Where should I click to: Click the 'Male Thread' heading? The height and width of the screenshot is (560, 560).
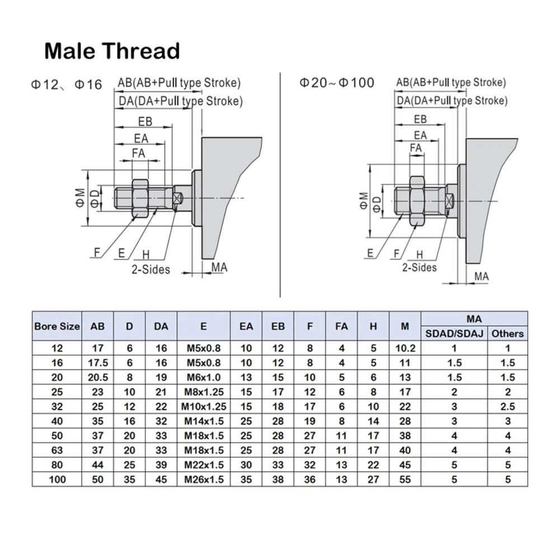tap(112, 51)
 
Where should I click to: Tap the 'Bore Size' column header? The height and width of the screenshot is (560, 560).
tap(57, 326)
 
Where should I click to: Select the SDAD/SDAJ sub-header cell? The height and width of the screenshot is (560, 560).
tap(454, 333)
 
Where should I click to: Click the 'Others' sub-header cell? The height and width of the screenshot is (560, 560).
tap(507, 333)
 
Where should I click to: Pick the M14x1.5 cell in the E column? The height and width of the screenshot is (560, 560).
tap(203, 421)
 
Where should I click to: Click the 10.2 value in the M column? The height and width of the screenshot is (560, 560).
tap(405, 348)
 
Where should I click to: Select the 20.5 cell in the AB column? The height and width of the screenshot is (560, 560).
tap(97, 377)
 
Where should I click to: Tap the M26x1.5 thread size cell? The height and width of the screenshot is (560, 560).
tap(203, 479)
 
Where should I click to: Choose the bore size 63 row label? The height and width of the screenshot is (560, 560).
tap(57, 450)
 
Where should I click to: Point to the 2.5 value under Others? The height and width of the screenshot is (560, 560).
tap(507, 406)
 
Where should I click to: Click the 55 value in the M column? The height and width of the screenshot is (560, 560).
tap(405, 479)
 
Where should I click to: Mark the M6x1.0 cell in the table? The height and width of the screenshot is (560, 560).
tap(203, 377)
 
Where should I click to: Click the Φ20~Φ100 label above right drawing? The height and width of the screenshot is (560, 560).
tap(337, 83)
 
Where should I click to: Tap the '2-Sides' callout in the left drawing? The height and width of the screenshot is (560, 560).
tap(151, 269)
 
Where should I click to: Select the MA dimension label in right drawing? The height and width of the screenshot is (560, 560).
tap(481, 276)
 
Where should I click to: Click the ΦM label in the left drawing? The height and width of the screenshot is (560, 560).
tap(80, 197)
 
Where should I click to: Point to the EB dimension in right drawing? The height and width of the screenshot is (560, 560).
tap(420, 119)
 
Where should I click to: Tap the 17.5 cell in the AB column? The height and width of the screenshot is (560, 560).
tap(97, 362)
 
